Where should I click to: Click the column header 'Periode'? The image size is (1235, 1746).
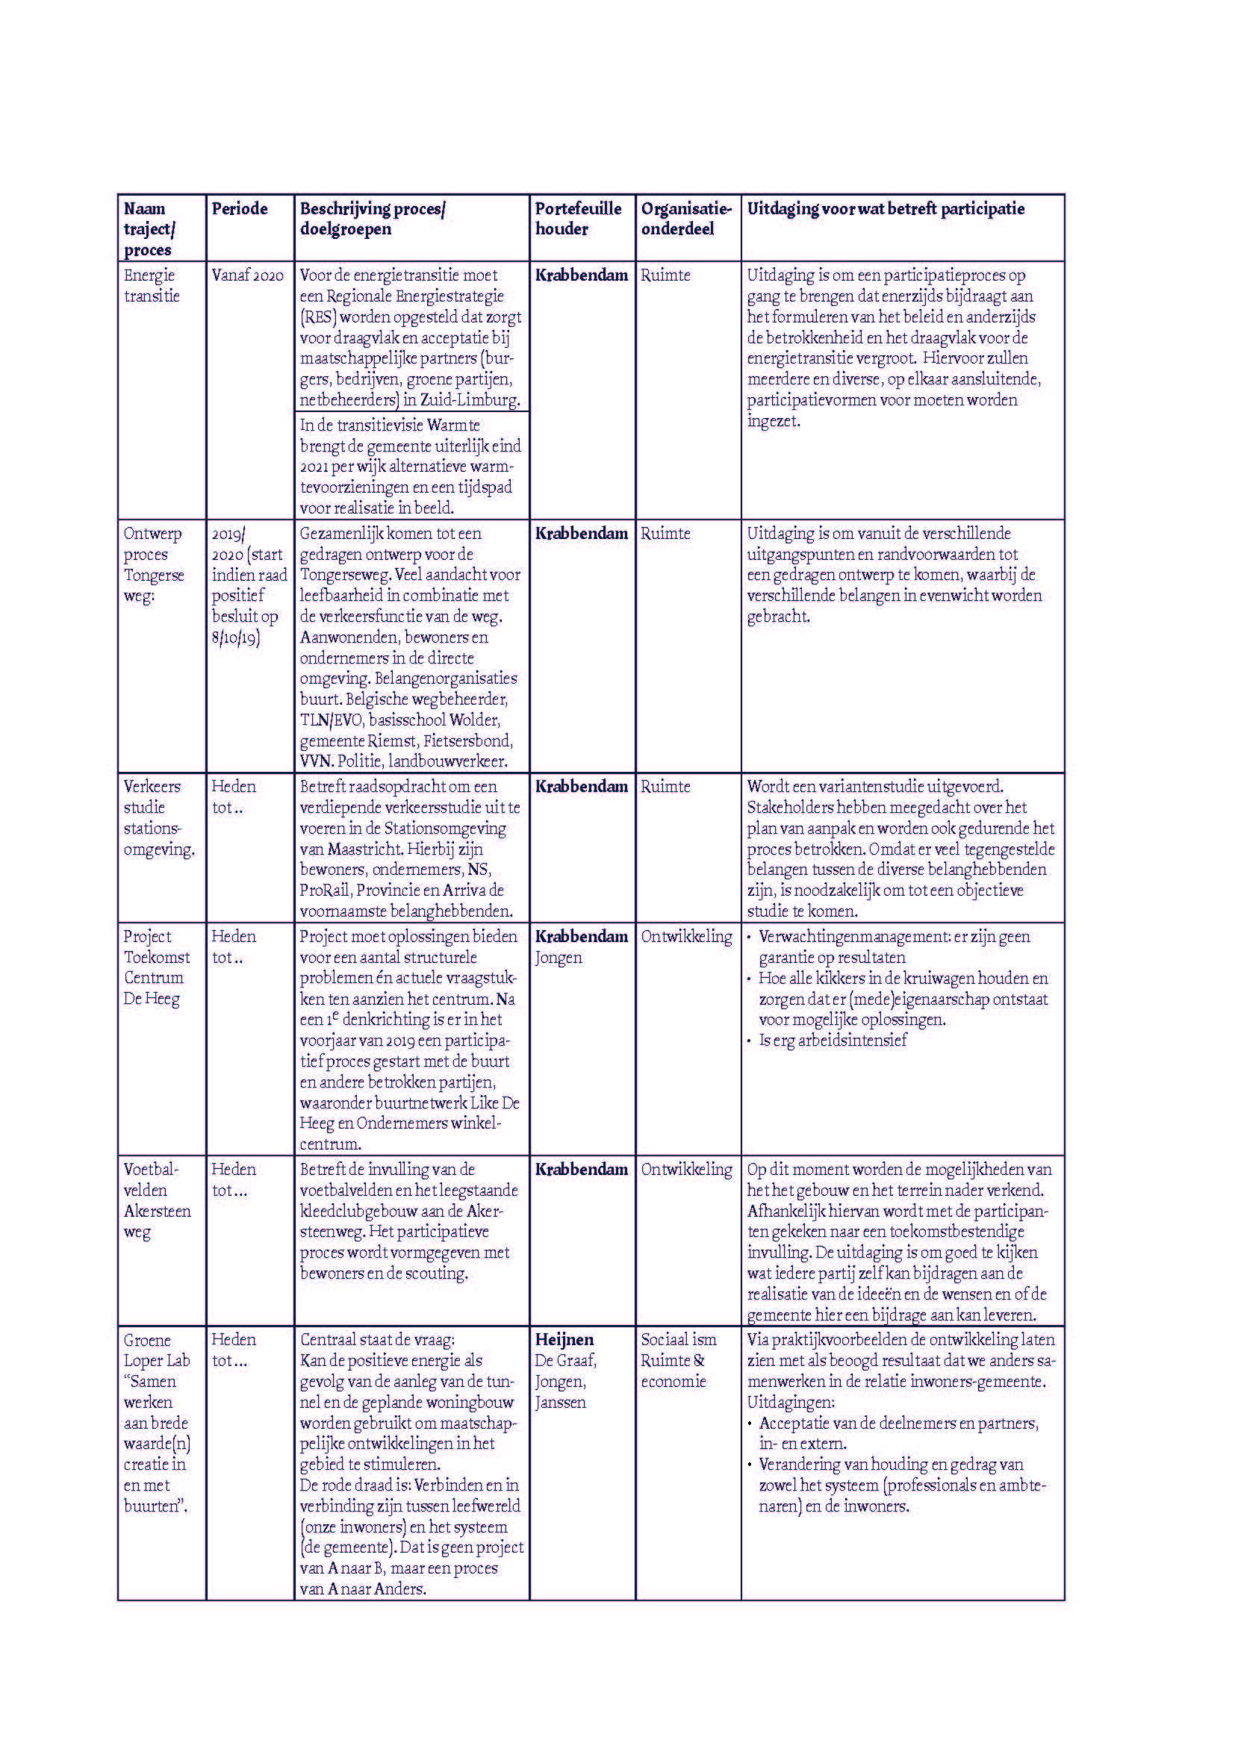[240, 209]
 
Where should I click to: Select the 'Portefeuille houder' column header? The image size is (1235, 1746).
[578, 219]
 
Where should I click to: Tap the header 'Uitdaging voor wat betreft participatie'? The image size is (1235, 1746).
[886, 209]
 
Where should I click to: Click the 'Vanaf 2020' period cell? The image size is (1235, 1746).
[247, 275]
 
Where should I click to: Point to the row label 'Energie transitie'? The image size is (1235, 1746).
[152, 285]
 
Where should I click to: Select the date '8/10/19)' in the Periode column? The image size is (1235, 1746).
[236, 637]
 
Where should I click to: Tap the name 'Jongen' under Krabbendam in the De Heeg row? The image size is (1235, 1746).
[559, 958]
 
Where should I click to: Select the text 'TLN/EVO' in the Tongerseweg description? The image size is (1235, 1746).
[331, 720]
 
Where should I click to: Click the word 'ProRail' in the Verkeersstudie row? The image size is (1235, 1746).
[325, 890]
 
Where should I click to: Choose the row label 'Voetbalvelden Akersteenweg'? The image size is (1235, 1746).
[157, 1200]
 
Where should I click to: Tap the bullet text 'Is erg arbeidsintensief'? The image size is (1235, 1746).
[833, 1041]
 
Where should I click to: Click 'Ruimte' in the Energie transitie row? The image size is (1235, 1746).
[665, 275]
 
